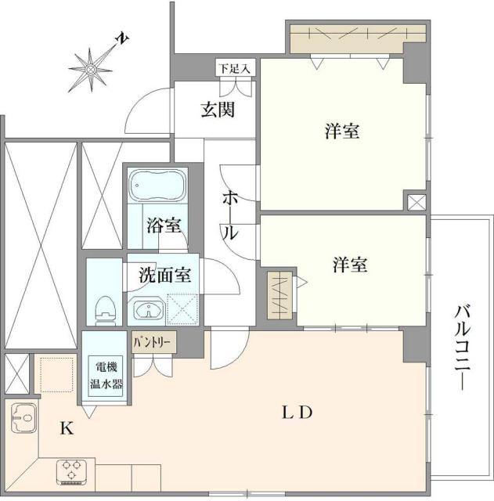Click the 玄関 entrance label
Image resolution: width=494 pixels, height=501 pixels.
tap(217, 110)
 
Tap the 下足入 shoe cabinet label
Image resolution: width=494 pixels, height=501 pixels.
tap(234, 69)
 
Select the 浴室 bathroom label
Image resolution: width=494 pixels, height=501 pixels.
tap(164, 226)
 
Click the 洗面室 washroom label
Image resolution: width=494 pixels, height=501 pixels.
tap(164, 276)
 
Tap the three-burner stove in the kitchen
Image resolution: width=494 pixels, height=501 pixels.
tap(73, 472)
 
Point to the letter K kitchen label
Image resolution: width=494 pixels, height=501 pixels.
tap(67, 429)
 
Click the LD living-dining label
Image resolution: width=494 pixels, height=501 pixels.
tap(298, 412)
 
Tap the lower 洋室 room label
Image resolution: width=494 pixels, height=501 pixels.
tap(350, 265)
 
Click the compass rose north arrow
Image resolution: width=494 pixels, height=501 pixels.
tap(92, 68)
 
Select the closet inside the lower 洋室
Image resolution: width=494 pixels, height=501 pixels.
tap(278, 295)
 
